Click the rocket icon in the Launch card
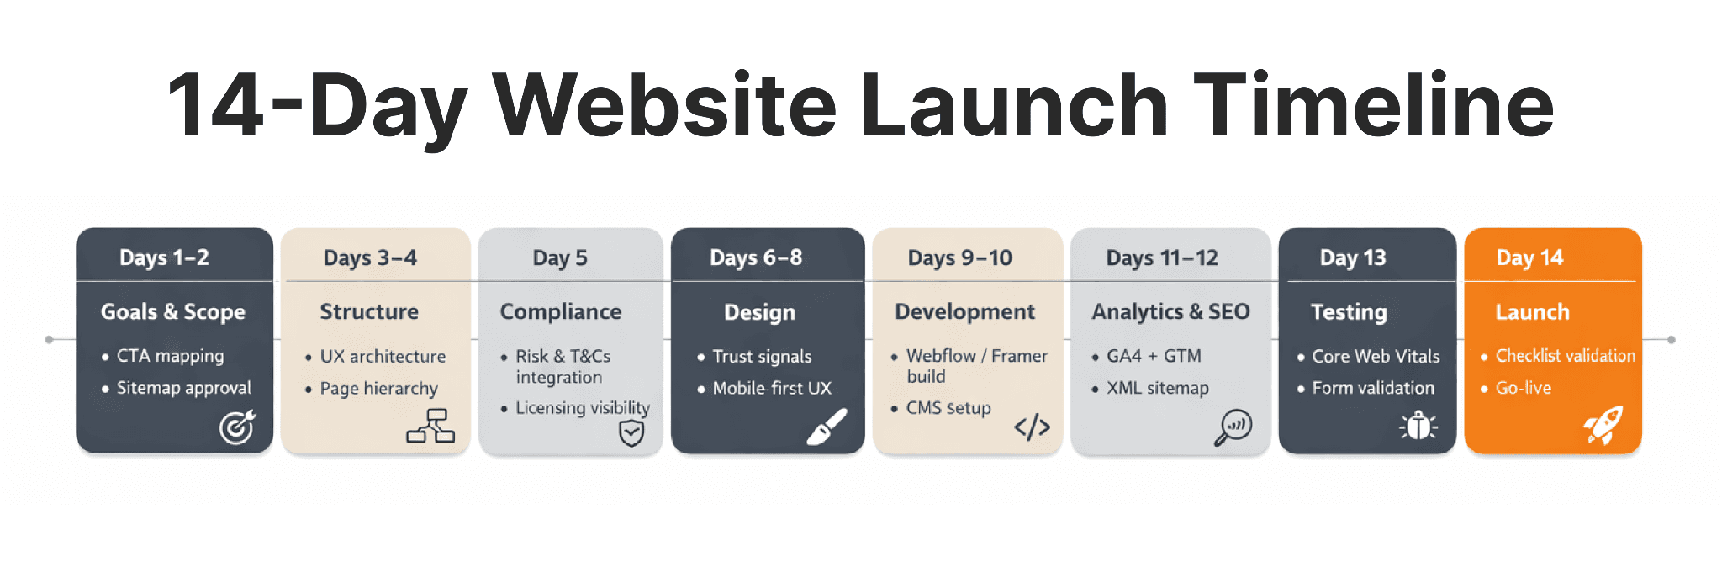(x=1603, y=425)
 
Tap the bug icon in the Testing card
(x=1418, y=426)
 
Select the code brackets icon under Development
(x=1032, y=427)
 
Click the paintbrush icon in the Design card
(x=827, y=427)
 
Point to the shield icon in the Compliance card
(x=631, y=433)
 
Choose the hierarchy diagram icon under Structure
(x=430, y=426)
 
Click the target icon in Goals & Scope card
(x=237, y=427)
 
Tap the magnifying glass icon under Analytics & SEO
(x=1233, y=427)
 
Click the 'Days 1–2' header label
(x=164, y=257)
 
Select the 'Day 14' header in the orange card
(x=1529, y=257)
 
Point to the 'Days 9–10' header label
(x=959, y=257)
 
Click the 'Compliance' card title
(x=561, y=311)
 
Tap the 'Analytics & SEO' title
(x=1170, y=311)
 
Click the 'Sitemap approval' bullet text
(x=183, y=388)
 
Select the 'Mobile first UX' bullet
(x=772, y=388)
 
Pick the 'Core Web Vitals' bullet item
(x=1376, y=356)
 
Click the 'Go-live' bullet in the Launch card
(x=1523, y=388)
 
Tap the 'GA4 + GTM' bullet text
(x=1154, y=356)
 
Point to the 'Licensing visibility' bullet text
(x=583, y=408)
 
